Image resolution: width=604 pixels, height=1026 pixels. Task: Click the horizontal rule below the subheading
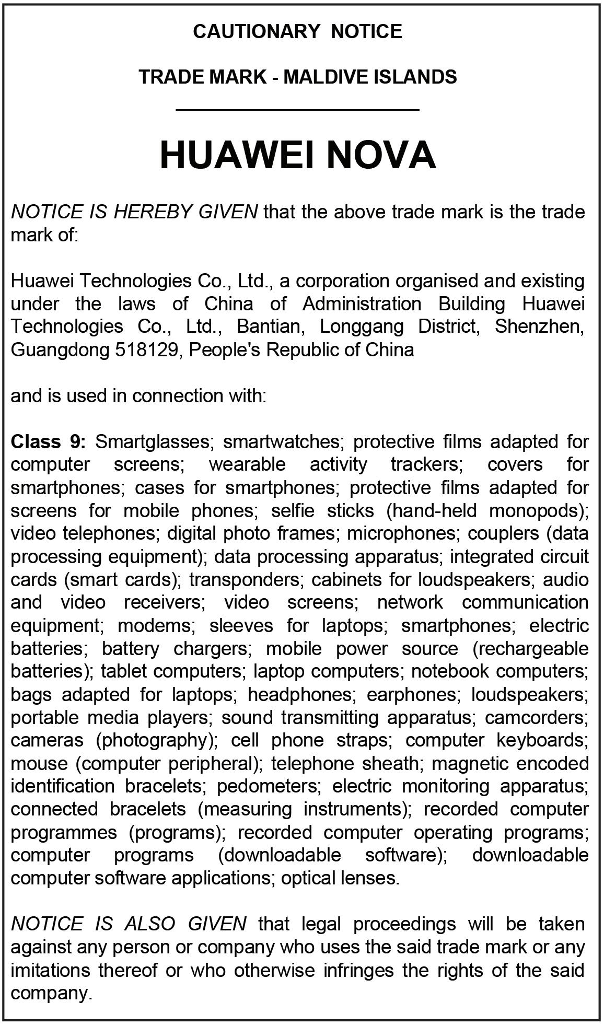(298, 110)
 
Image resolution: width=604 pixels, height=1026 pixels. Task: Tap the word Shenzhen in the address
(539, 327)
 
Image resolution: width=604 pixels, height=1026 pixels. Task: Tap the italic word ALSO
(149, 924)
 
